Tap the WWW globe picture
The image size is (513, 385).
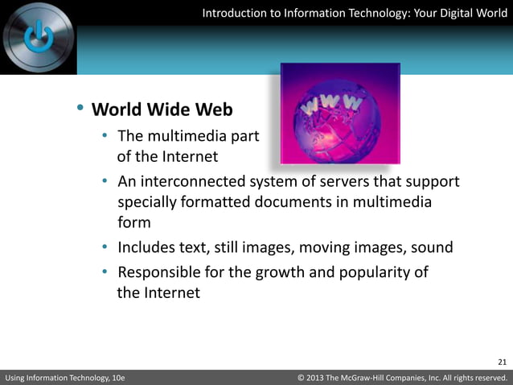click(x=339, y=113)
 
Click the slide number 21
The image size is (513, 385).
click(x=503, y=361)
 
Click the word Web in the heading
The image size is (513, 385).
click(x=214, y=109)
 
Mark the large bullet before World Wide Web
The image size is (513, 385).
click(x=80, y=109)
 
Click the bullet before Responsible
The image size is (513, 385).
click(x=105, y=272)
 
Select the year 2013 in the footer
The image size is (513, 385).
click(x=320, y=377)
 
